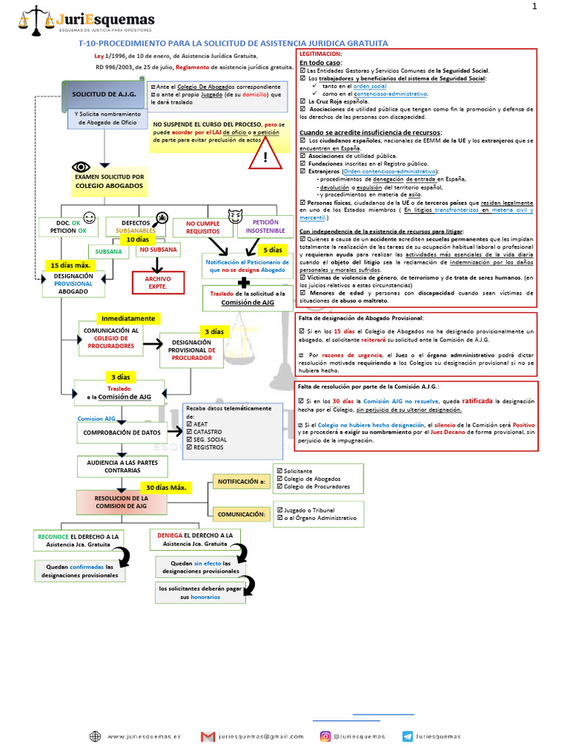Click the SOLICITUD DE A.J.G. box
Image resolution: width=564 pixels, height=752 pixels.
[104, 95]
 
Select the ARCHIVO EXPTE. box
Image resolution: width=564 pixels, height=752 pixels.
[157, 282]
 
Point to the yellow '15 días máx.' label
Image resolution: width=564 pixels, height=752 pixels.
[70, 264]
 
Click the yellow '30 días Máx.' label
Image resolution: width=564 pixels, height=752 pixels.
[167, 488]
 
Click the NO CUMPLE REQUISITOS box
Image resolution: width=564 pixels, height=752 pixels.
[203, 227]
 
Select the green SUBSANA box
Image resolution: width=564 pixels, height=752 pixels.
[109, 250]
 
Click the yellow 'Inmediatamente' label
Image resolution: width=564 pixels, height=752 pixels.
[128, 319]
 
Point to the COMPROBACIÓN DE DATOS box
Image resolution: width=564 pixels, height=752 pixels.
[122, 433]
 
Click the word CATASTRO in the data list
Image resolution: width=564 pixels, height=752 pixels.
[210, 432]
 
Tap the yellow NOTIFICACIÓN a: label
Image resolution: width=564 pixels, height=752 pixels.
[239, 482]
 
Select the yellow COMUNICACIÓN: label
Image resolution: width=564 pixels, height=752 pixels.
[240, 514]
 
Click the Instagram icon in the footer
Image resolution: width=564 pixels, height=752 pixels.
[325, 736]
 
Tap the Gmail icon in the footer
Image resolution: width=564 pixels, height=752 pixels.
[208, 736]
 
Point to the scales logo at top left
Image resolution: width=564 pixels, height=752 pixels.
[34, 20]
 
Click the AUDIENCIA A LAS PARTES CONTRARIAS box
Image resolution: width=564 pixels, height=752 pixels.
[122, 466]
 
